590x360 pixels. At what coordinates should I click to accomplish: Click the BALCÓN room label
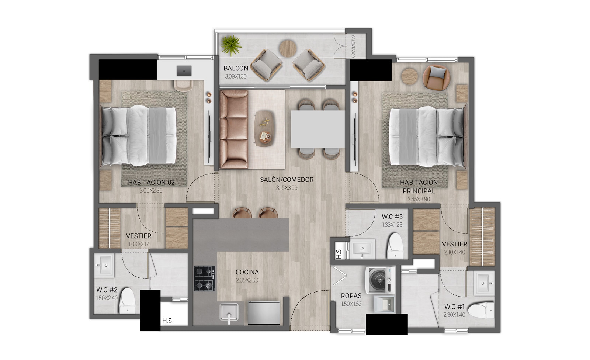point(236,68)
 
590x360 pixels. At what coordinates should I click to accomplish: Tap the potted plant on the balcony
point(231,46)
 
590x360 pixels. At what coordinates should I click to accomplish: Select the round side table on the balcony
point(288,48)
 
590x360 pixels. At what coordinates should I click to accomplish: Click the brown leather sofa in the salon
point(234,129)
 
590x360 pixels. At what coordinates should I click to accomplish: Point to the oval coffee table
point(264,128)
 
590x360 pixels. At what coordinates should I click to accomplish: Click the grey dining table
point(318,129)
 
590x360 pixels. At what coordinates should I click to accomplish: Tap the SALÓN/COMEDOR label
point(287,180)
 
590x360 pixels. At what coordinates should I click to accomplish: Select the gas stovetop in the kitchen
point(205,278)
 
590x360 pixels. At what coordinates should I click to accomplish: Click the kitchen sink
point(229,312)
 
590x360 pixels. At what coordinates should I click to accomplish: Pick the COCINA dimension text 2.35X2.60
point(247,280)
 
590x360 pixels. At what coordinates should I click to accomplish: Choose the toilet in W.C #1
point(482,310)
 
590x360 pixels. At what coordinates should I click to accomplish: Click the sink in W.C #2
point(104,265)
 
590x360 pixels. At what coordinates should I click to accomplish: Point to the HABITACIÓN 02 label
point(151,182)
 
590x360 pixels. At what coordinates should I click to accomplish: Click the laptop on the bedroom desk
point(184,70)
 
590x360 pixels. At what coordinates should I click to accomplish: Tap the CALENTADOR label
point(353,46)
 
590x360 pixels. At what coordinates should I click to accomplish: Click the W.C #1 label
point(454,307)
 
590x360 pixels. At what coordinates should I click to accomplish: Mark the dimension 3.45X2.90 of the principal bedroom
point(419,199)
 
